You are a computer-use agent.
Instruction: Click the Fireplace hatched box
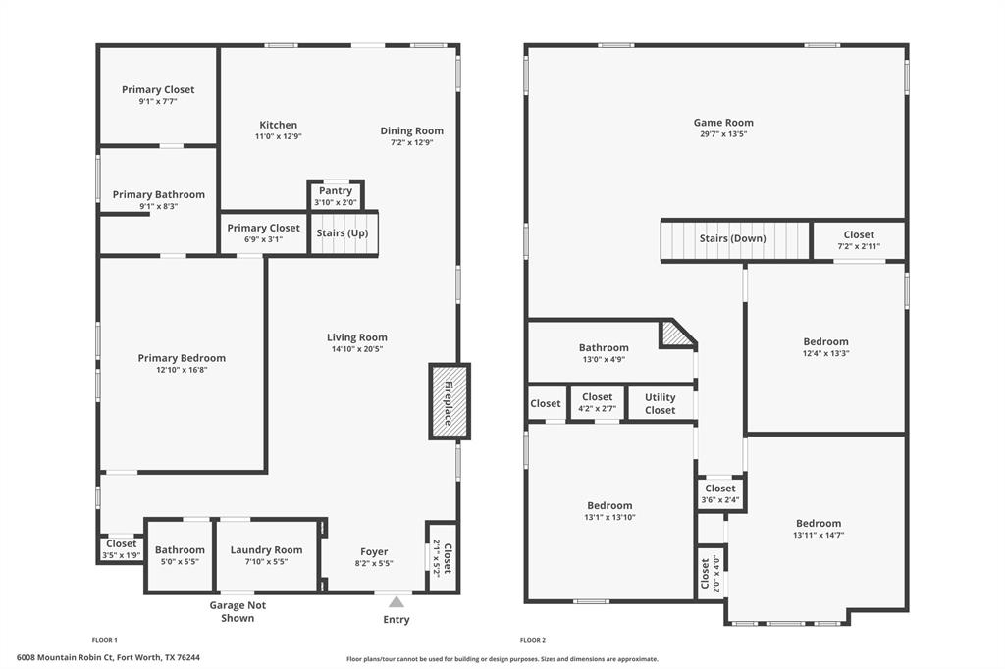coord(450,401)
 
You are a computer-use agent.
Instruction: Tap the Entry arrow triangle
coord(396,601)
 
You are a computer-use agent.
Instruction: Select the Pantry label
coord(336,191)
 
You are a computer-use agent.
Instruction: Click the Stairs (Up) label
coord(344,233)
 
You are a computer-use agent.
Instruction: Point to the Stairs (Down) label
coord(732,238)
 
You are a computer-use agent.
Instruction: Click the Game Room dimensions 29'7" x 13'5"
coord(723,134)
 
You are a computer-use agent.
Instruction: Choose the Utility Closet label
coord(661,404)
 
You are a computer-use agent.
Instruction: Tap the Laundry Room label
coord(266,550)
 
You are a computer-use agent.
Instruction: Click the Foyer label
coord(374,552)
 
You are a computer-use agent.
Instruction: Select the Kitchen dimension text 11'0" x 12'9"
coord(278,136)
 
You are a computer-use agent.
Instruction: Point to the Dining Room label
coord(412,130)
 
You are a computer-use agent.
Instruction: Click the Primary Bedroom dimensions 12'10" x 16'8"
coord(182,370)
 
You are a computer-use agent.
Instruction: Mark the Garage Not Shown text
coord(238,612)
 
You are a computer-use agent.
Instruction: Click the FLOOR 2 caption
coord(533,640)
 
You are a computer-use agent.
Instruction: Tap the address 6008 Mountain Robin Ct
coord(108,657)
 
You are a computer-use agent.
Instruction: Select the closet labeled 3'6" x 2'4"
coord(719,494)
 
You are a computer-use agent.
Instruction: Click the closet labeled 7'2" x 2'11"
coord(859,240)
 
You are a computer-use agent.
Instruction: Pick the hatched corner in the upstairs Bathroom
coord(675,334)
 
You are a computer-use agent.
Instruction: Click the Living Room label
coord(357,337)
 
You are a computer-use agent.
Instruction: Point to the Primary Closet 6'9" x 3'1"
coord(263,233)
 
